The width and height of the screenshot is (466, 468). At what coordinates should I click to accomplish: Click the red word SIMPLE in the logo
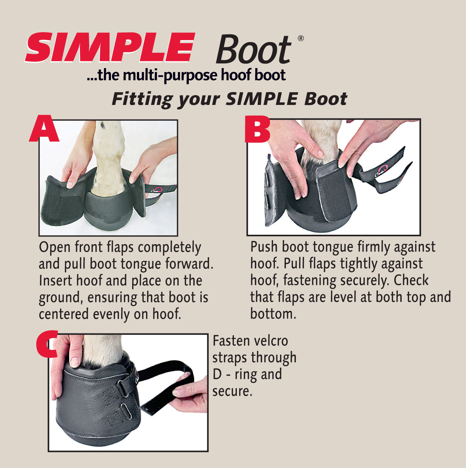[x=110, y=47]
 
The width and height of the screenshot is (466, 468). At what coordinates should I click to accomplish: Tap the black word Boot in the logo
[x=254, y=49]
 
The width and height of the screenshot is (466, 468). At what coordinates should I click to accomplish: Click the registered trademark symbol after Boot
[x=301, y=38]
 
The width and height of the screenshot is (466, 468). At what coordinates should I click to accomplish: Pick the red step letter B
[x=257, y=129]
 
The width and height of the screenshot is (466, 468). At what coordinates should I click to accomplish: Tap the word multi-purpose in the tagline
[x=169, y=75]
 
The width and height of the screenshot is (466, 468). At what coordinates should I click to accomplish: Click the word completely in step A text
[x=169, y=248]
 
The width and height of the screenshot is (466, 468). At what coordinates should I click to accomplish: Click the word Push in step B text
[x=264, y=247]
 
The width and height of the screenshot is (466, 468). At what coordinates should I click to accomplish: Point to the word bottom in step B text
[x=273, y=314]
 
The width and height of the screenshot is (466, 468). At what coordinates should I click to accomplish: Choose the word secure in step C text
[x=232, y=392]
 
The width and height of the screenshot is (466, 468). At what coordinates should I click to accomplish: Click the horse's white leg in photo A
[x=109, y=158]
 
